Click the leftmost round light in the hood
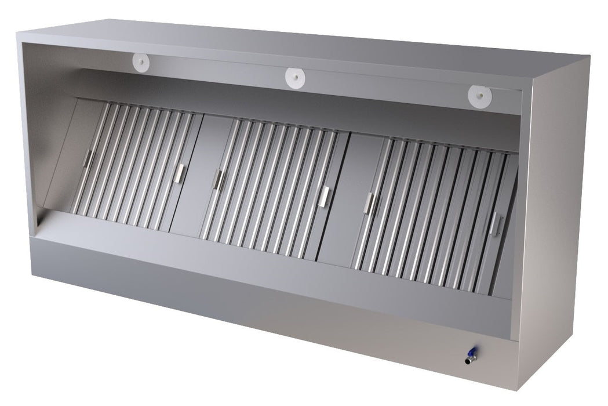coord(140,60)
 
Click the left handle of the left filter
coord(88,158)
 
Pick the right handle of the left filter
coord(180,173)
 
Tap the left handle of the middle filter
coord(218,179)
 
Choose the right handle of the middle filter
coord(324,196)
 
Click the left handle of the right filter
coord(369,203)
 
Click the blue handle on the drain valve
coord(473,351)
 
